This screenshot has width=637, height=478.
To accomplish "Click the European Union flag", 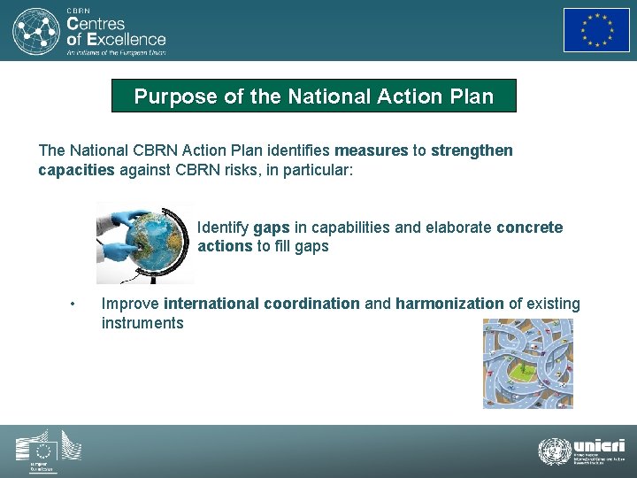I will click(x=596, y=30).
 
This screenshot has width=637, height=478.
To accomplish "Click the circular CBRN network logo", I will click(x=35, y=31).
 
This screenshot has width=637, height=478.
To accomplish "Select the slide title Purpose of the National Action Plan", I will click(x=313, y=96).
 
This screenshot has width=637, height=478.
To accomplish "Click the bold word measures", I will click(x=372, y=150).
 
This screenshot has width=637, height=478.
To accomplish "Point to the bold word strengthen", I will click(x=472, y=150).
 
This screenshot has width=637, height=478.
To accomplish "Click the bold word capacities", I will click(x=76, y=169).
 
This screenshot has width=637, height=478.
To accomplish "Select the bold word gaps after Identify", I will click(x=271, y=227).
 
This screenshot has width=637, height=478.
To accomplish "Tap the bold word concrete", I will click(x=529, y=227).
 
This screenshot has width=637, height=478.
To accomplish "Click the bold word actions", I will click(x=225, y=246).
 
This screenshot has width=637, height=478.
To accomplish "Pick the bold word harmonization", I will click(x=449, y=304).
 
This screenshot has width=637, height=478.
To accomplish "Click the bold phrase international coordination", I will click(x=262, y=304).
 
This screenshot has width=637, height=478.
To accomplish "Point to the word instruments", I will click(x=142, y=323).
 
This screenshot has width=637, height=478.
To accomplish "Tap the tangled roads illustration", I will click(x=527, y=364).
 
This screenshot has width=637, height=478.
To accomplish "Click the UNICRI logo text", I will click(x=599, y=446).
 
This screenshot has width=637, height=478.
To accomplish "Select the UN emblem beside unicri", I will click(x=555, y=451).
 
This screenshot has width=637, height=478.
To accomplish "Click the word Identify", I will click(x=223, y=227).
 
